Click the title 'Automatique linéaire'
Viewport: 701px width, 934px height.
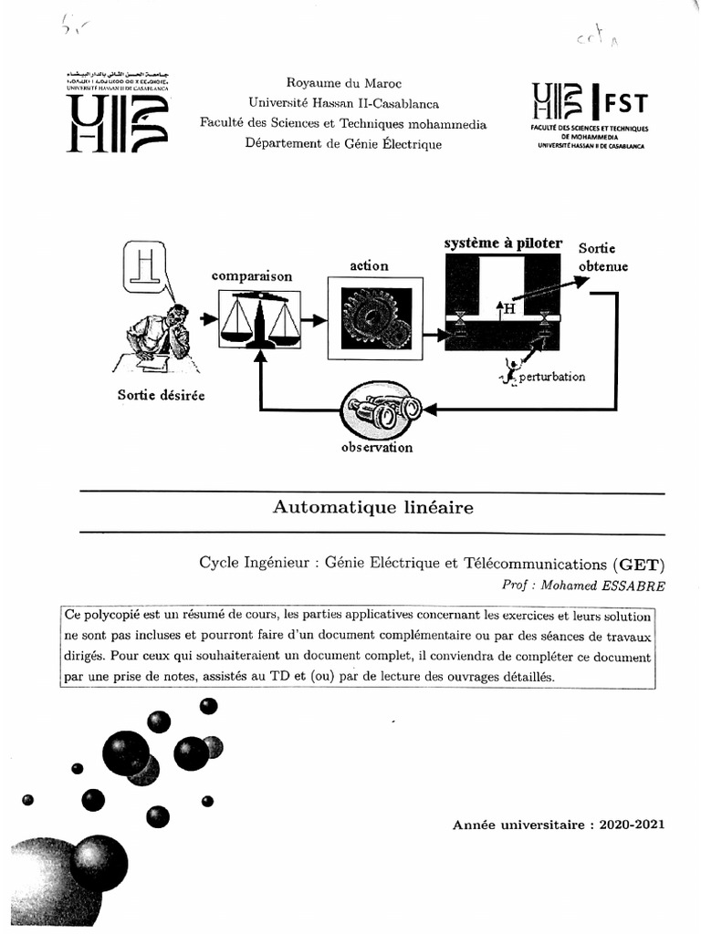click(x=373, y=508)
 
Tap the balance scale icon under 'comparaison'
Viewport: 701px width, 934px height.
click(x=260, y=318)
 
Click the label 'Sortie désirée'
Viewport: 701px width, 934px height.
click(x=162, y=395)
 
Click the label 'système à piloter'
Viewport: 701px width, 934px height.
click(x=503, y=244)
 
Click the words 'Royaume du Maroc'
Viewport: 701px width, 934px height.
click(x=344, y=83)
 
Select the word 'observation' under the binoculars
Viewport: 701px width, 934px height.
click(x=377, y=448)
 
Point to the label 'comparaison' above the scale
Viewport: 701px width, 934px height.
click(x=252, y=275)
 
